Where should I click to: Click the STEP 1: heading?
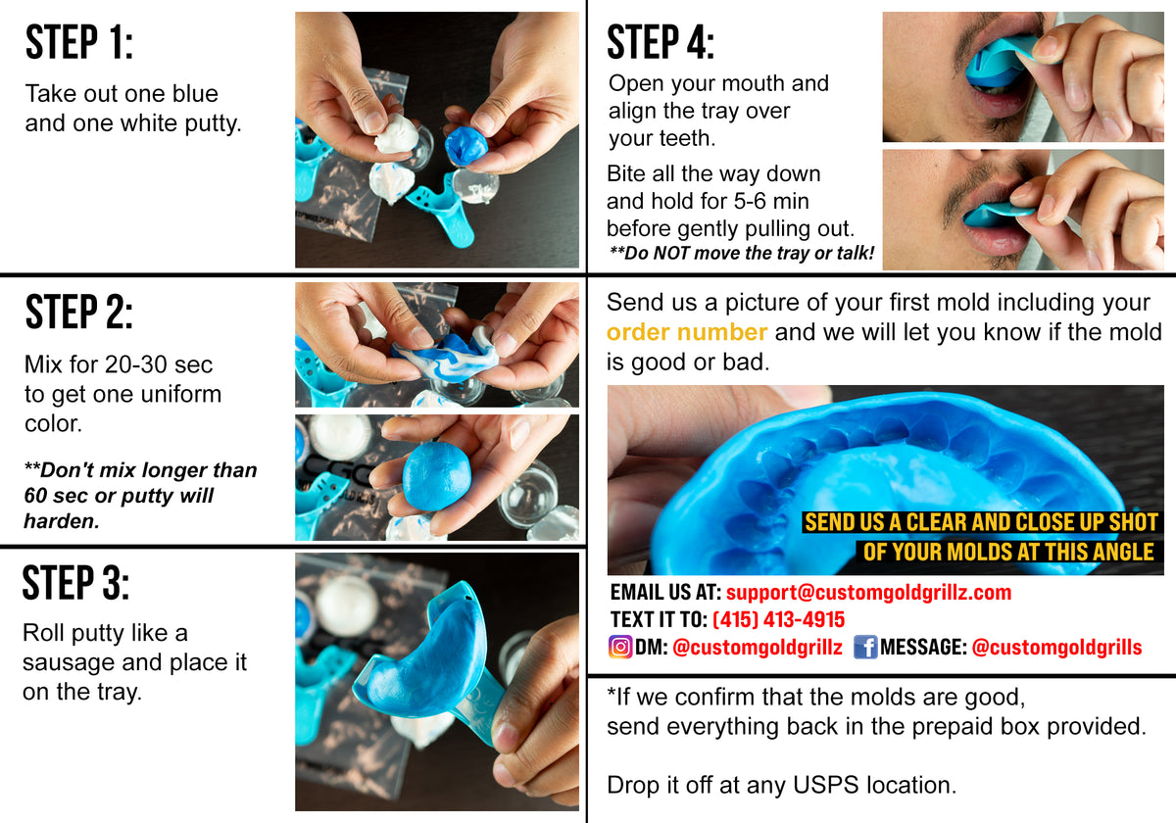tap(78, 43)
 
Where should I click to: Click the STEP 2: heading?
tap(78, 312)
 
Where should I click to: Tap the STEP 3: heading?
tap(75, 583)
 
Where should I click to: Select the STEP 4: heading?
tap(661, 43)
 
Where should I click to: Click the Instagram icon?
tap(620, 647)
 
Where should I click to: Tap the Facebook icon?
tap(864, 647)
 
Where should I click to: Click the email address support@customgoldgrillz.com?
tap(868, 593)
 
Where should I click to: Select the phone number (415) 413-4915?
tap(778, 619)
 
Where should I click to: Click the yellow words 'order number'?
tap(686, 332)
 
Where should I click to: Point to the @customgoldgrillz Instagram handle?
tap(758, 648)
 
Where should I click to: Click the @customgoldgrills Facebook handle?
tap(1056, 648)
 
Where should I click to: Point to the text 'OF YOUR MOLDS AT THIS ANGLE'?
tap(1007, 552)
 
